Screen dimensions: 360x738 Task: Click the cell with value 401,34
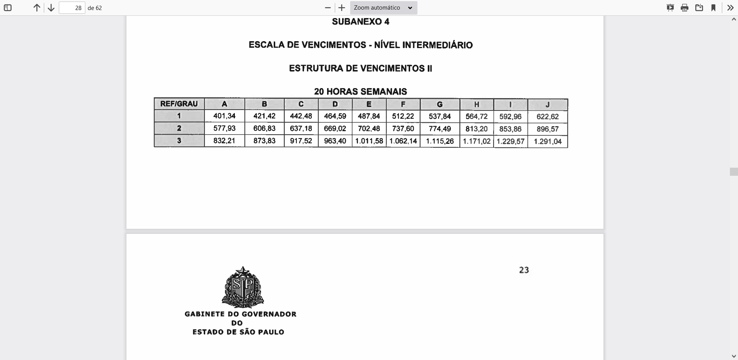(224, 116)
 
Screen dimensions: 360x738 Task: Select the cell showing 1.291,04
(548, 142)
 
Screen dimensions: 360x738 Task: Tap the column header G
(440, 104)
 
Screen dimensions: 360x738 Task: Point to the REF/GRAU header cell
(179, 104)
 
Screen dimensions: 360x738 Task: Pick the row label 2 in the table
(179, 128)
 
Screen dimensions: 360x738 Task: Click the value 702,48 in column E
(369, 128)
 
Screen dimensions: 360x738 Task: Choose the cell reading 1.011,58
(369, 141)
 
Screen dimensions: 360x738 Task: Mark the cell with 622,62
(548, 117)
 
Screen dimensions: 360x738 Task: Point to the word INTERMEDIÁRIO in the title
(437, 45)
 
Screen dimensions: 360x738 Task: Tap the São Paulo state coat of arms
(243, 287)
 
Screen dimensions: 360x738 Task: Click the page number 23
(524, 270)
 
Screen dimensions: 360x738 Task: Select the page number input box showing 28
(72, 8)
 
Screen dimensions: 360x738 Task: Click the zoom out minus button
(328, 8)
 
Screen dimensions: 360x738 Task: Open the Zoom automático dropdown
(383, 8)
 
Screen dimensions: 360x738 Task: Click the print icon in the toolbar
(685, 8)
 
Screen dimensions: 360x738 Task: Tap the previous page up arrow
(37, 8)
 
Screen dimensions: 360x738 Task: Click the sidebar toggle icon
(8, 8)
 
